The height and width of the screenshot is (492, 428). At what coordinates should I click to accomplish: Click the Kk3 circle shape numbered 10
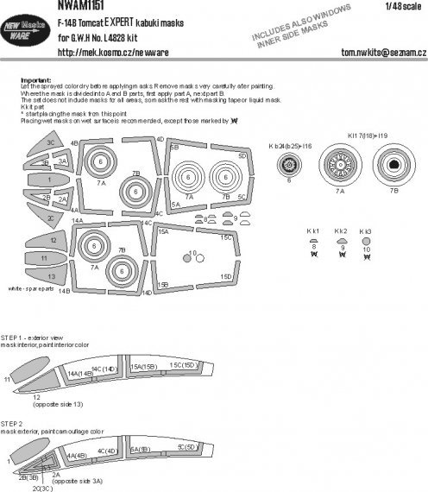tap(367, 243)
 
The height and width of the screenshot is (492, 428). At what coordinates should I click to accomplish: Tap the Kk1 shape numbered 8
tap(313, 243)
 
